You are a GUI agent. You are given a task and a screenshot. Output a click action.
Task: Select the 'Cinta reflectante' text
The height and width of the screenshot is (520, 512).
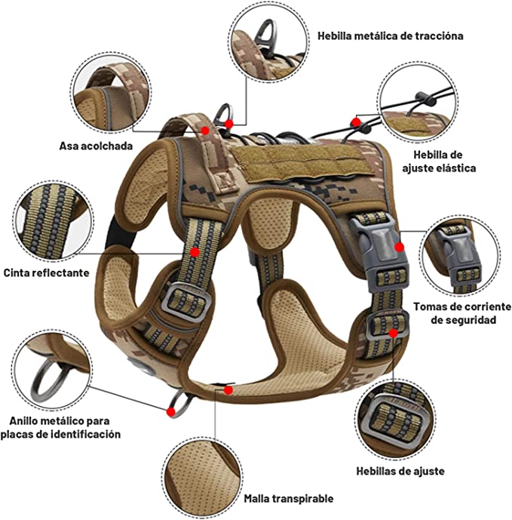[46, 272]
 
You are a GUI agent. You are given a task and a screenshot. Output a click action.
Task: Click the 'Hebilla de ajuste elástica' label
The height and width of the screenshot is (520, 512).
[438, 161]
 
